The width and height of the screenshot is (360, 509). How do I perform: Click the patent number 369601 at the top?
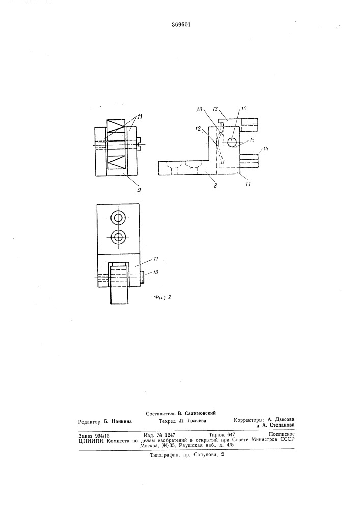pos(181,24)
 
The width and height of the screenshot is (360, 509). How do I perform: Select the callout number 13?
pos(215,109)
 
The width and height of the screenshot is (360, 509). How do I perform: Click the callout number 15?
pos(252,140)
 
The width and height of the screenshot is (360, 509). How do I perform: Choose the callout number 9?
pos(139,190)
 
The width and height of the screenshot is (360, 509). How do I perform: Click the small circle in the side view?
pos(232,142)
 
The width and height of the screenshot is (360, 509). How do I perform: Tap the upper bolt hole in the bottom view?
pos(118,218)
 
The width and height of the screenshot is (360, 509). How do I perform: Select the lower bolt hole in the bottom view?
pos(118,238)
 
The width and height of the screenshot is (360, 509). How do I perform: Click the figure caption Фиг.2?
pos(162,297)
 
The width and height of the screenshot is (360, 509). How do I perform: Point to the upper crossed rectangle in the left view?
pos(116,125)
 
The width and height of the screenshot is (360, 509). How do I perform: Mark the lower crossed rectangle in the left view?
pos(116,162)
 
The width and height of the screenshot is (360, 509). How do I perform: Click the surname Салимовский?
pos(200,413)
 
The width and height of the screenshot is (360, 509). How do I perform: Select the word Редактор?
pos(89,421)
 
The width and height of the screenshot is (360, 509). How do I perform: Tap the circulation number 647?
pos(231,434)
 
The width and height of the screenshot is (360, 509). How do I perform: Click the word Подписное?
pos(282,434)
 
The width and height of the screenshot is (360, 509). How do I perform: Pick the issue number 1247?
pos(170,435)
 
